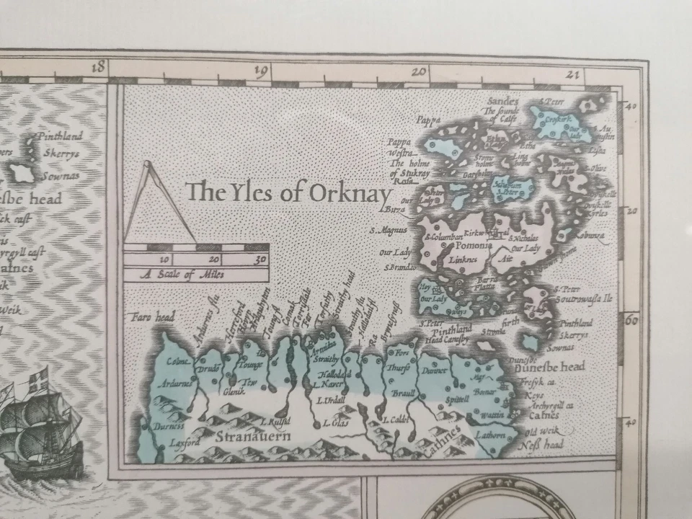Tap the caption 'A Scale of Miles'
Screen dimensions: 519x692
click(182, 274)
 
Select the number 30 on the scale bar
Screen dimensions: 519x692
click(261, 259)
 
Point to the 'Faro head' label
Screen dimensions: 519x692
click(150, 316)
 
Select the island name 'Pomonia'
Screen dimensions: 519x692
click(474, 245)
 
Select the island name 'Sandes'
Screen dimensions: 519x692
click(503, 100)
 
